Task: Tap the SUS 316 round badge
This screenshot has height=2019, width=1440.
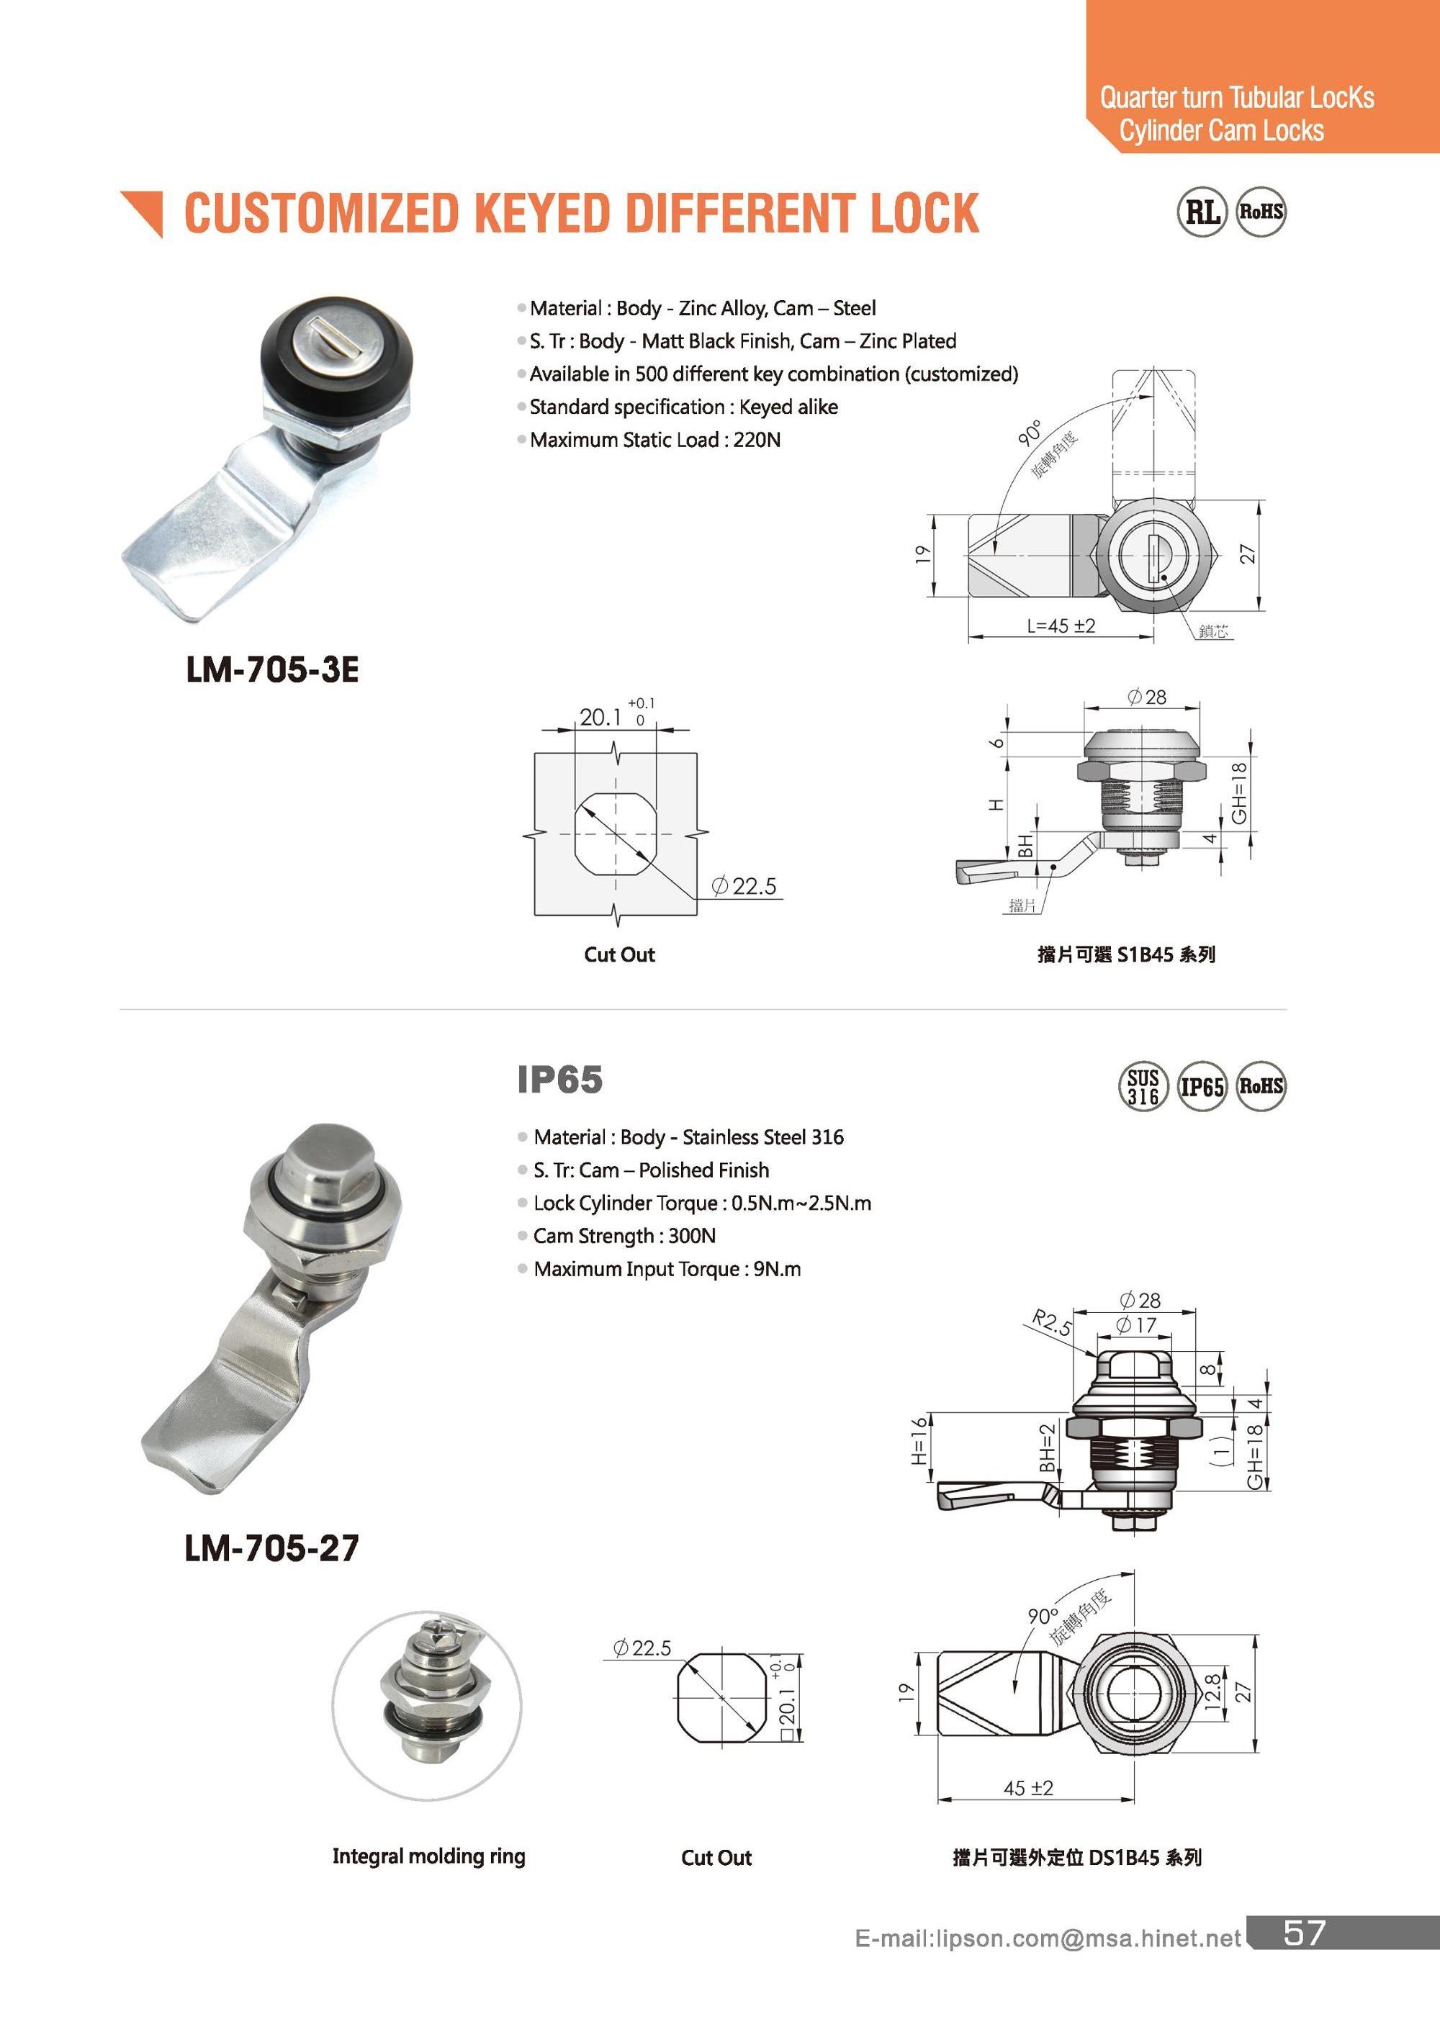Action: click(1142, 1087)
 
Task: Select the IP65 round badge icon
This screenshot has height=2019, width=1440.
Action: click(1202, 1087)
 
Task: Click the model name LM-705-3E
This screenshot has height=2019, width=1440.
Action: click(272, 669)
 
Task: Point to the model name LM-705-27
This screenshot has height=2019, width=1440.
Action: click(271, 1548)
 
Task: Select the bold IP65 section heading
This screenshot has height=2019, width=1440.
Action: click(559, 1080)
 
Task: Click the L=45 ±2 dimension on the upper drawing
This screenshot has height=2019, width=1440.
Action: click(1061, 625)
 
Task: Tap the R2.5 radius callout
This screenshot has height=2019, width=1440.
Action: click(1052, 1323)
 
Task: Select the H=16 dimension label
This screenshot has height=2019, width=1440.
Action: click(919, 1440)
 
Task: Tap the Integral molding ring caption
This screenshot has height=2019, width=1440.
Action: click(428, 1856)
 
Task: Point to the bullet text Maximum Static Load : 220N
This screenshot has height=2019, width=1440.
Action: click(654, 440)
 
